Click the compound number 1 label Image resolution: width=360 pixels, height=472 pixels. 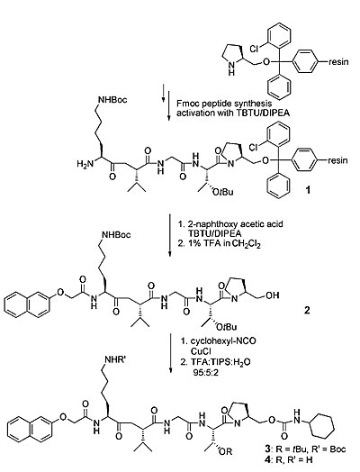pyautogui.click(x=308, y=190)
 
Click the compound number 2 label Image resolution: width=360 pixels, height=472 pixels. pyautogui.click(x=307, y=310)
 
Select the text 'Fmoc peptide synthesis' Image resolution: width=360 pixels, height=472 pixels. pyautogui.click(x=224, y=104)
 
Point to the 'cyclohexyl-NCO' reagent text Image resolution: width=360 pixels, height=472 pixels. pyautogui.click(x=223, y=341)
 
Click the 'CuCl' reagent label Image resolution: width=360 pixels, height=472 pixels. pyautogui.click(x=201, y=351)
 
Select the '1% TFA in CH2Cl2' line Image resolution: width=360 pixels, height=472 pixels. pyautogui.click(x=219, y=244)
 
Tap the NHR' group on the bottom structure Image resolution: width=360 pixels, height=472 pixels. pyautogui.click(x=114, y=359)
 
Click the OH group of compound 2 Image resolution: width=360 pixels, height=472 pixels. pyautogui.click(x=273, y=295)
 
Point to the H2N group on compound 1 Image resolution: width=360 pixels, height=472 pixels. pyautogui.click(x=84, y=164)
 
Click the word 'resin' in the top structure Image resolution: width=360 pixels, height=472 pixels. pyautogui.click(x=338, y=62)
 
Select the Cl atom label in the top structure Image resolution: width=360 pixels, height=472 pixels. pyautogui.click(x=254, y=49)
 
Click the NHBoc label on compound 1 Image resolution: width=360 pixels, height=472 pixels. pyautogui.click(x=112, y=100)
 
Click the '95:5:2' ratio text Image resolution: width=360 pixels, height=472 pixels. pyautogui.click(x=206, y=373)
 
